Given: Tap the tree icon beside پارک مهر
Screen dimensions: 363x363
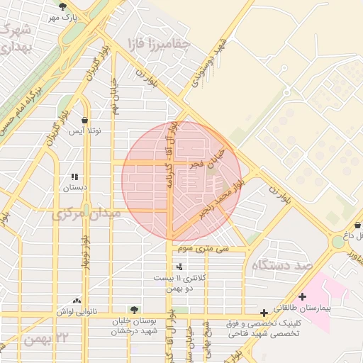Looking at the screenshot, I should (x=63, y=6).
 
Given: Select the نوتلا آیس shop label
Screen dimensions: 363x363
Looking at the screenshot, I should (x=85, y=131).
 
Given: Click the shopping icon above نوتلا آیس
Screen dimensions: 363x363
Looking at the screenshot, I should (x=85, y=121).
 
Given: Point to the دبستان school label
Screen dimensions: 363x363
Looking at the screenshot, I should (x=75, y=188).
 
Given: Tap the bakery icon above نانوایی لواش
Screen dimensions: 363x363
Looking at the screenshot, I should (x=77, y=301).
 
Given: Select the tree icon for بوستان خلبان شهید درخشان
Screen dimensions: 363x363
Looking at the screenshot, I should (x=133, y=309).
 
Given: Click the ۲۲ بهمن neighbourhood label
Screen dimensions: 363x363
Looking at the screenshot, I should (x=48, y=340).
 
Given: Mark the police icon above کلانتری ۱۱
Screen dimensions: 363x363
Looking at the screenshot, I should (x=179, y=267).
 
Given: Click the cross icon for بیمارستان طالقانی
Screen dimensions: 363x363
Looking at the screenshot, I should (x=303, y=296).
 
